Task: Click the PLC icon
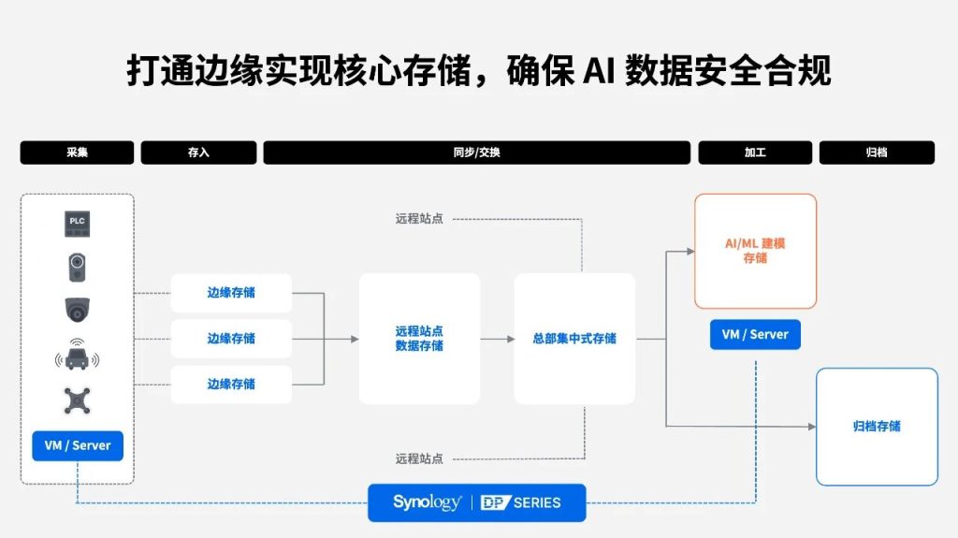click(x=77, y=223)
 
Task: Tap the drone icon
click(x=77, y=401)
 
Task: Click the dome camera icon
click(x=77, y=309)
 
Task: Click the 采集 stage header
click(x=77, y=153)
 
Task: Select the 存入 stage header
click(x=198, y=153)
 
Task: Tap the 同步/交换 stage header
click(x=476, y=153)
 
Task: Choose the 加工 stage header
click(x=755, y=153)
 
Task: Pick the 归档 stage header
click(x=877, y=153)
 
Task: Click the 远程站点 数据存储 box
click(x=419, y=338)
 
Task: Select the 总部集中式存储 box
click(x=574, y=338)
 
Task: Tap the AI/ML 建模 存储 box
click(x=755, y=251)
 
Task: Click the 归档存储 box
click(x=877, y=427)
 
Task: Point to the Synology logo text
click(x=427, y=502)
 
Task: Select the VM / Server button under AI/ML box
click(x=755, y=334)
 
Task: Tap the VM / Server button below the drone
click(x=77, y=445)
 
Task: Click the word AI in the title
click(x=598, y=70)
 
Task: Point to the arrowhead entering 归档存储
click(x=811, y=427)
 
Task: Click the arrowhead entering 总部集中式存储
click(x=509, y=339)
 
